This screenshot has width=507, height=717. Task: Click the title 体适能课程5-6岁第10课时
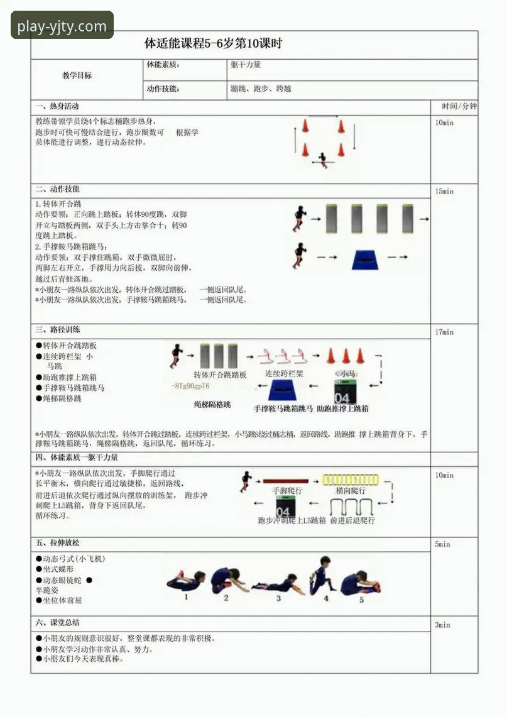(213, 44)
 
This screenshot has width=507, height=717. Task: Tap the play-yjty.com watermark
(62, 26)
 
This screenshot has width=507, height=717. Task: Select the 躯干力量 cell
(246, 64)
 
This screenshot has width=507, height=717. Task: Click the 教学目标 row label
(77, 75)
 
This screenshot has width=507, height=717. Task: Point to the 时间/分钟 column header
(459, 106)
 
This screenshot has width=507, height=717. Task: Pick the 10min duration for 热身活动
(444, 123)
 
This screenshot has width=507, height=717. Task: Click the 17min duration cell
(444, 332)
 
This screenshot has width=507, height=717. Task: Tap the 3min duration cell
(443, 625)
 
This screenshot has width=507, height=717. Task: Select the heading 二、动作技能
(58, 189)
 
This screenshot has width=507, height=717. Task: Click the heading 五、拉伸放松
(58, 544)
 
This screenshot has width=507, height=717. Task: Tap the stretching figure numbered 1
(187, 581)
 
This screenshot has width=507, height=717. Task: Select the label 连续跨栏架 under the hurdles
(284, 374)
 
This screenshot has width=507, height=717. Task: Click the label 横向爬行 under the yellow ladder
(350, 490)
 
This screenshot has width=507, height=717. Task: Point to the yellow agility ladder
(350, 479)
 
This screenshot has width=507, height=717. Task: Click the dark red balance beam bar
(285, 481)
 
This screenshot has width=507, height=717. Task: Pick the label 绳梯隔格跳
(212, 405)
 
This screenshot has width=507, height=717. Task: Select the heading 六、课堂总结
(58, 623)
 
